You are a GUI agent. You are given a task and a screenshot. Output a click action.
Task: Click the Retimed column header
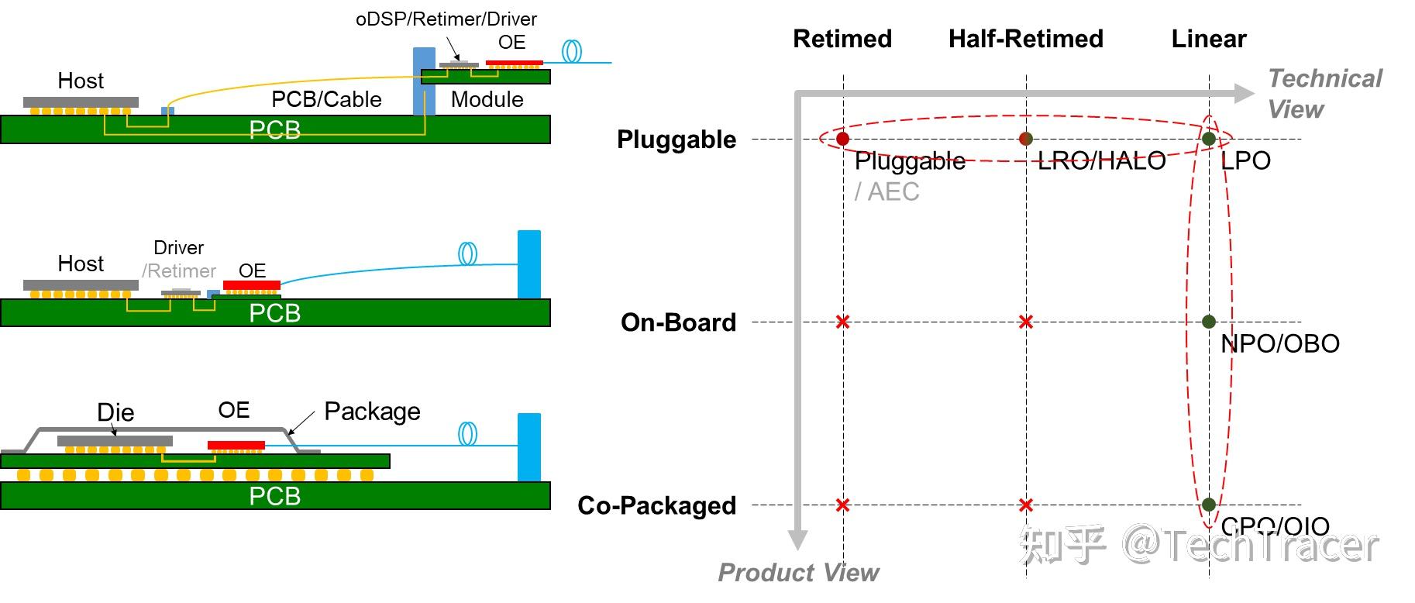[x=842, y=39]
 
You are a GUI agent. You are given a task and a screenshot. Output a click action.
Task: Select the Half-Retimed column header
[x=1025, y=39]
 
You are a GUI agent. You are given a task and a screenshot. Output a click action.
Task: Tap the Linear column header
[x=1208, y=39]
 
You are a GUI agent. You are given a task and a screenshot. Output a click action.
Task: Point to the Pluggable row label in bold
[x=676, y=140]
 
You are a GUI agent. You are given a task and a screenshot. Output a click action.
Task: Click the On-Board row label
[x=678, y=322]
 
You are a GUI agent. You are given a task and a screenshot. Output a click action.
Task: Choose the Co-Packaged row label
[x=656, y=505]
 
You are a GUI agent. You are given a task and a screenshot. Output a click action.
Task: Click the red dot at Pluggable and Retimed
[x=843, y=139]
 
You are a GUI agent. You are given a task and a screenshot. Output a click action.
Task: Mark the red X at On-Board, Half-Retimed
[x=1026, y=322]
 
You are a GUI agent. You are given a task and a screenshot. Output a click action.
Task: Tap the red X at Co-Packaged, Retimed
[x=843, y=505]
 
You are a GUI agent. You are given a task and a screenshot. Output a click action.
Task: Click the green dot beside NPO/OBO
[x=1209, y=322]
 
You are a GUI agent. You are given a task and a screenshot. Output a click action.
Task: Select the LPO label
[x=1245, y=160]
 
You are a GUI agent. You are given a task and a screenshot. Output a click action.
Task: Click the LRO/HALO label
[x=1101, y=161]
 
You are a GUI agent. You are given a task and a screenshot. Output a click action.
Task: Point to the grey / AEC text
[x=887, y=191]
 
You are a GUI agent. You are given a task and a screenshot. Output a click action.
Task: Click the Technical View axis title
[x=1324, y=94]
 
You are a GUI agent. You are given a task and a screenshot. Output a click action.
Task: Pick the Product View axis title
[x=797, y=573]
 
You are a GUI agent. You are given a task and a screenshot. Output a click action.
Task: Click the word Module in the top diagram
[x=487, y=99]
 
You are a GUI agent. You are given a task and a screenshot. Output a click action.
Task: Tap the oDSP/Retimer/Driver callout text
[x=446, y=19]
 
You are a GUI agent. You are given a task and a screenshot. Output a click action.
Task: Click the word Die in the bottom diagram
[x=115, y=412]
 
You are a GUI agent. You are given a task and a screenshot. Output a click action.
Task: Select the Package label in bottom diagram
[x=372, y=412]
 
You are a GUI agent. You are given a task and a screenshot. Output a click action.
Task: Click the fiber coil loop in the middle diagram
[x=467, y=253]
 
